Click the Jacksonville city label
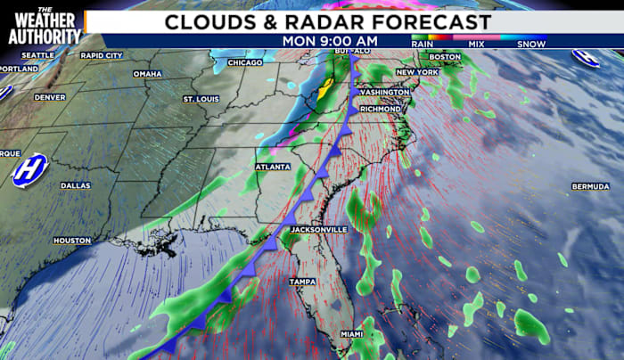coord(318,229)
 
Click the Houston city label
coord(72,241)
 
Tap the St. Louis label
coord(201,98)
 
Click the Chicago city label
coord(244,62)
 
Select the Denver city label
coord(50,97)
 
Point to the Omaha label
coord(147,74)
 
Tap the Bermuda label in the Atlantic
coord(590,186)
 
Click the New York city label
coord(416,72)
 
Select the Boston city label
coord(450,57)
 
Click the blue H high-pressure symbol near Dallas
coord(29,170)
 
